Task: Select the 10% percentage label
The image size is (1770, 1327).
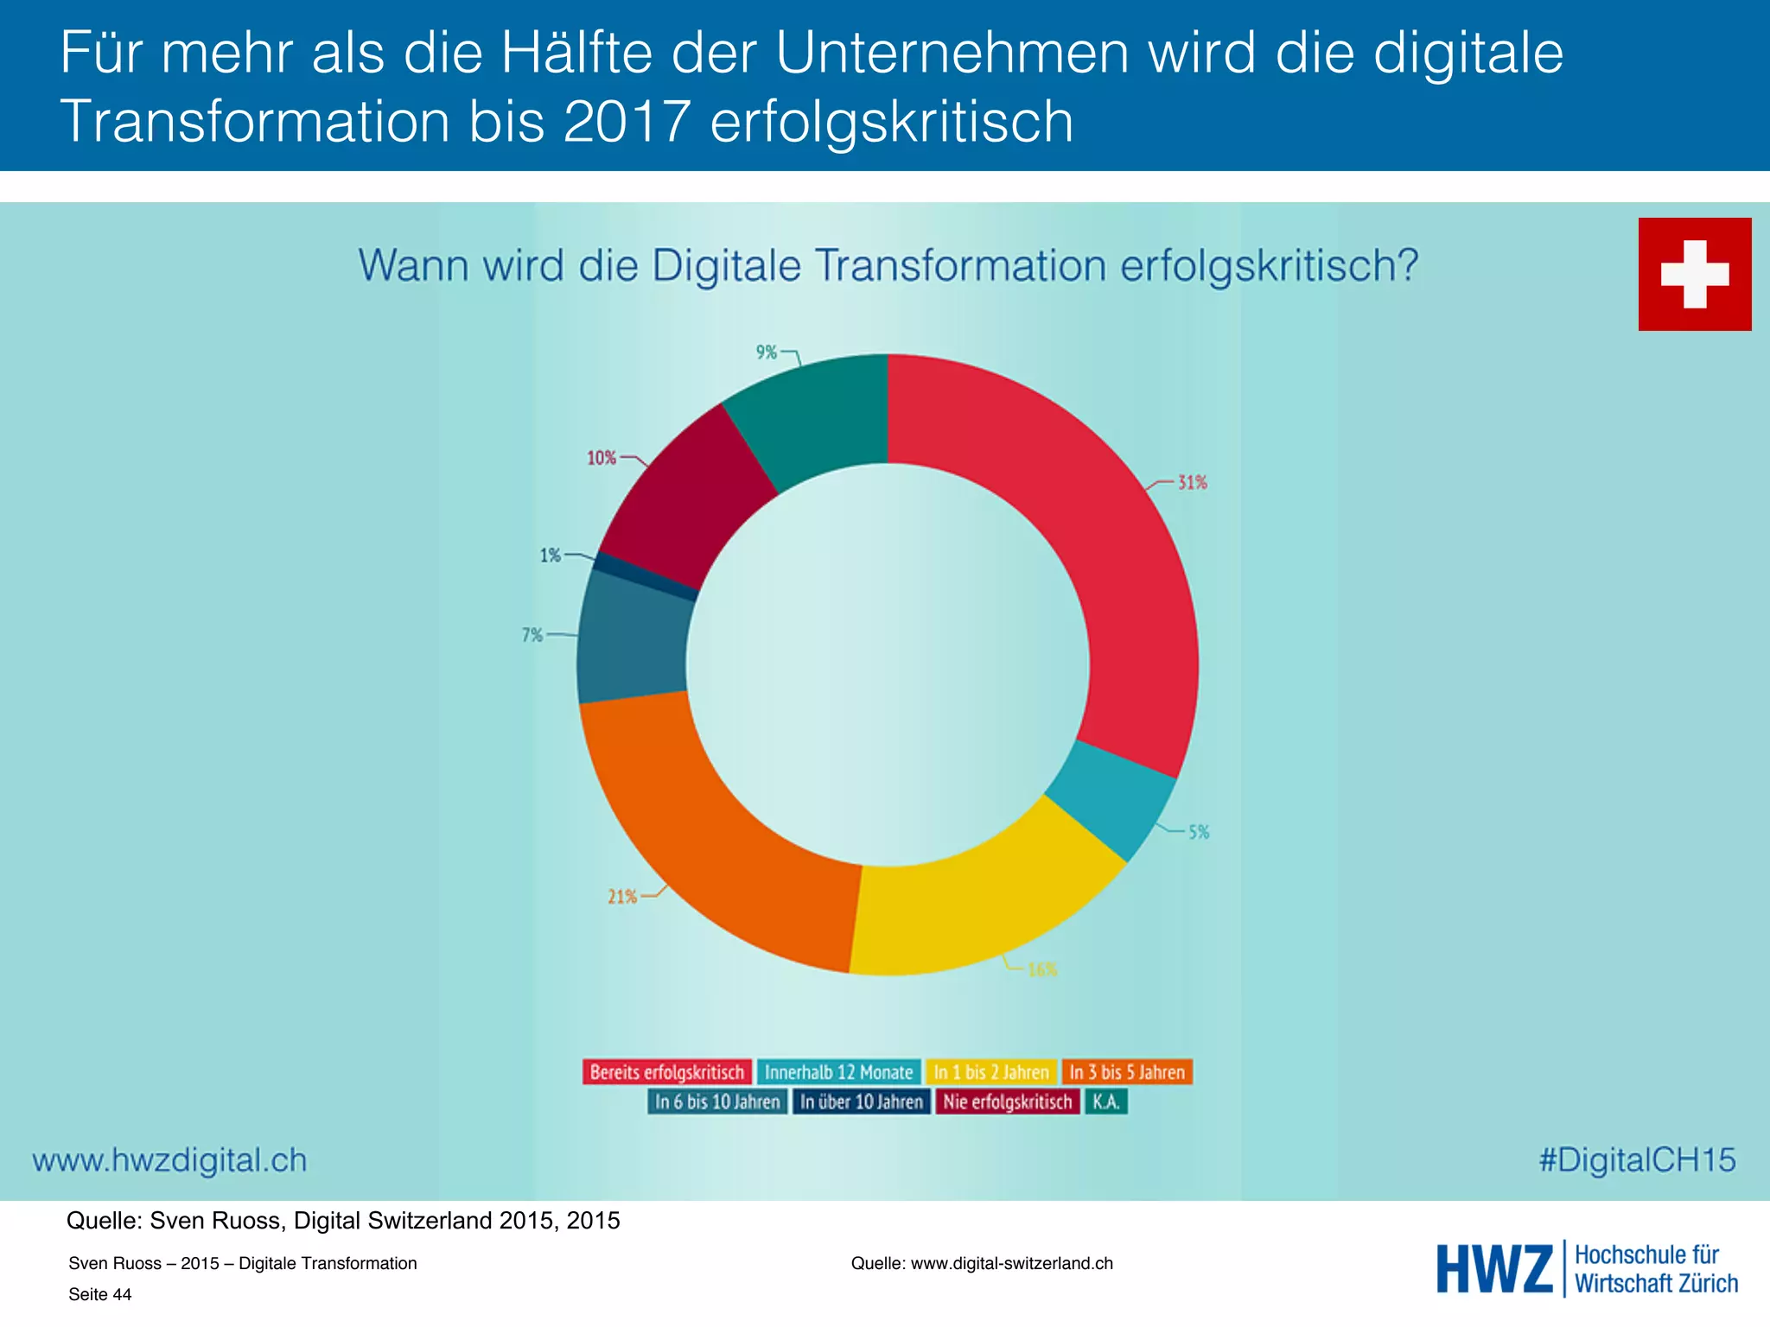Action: tap(602, 458)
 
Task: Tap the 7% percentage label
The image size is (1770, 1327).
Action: tap(532, 635)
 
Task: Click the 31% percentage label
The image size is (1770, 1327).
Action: tap(1193, 483)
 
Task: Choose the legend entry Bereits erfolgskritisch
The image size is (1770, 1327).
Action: tap(666, 1072)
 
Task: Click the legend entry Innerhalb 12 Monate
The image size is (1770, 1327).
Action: tap(838, 1072)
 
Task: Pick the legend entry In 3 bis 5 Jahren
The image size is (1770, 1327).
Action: tap(1127, 1072)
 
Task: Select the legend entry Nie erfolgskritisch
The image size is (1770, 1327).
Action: tap(1007, 1102)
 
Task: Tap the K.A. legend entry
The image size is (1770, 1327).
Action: tap(1106, 1102)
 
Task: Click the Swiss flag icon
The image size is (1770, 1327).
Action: tap(1694, 274)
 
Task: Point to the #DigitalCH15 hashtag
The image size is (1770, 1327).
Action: tap(1637, 1159)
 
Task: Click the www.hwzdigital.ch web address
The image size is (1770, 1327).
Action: tap(169, 1159)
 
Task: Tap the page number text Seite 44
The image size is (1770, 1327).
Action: tap(100, 1294)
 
